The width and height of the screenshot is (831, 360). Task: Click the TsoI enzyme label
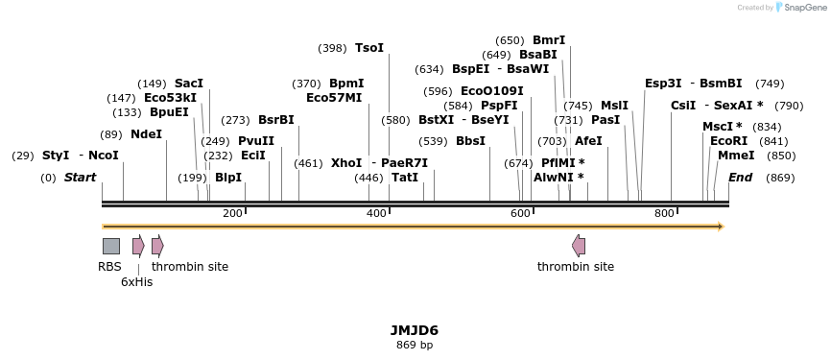coord(369,48)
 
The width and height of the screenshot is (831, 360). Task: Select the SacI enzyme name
coord(189,84)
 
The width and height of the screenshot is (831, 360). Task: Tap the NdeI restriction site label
coord(146,134)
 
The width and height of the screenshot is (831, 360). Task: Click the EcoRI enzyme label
coord(728,141)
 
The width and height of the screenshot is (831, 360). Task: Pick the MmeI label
coord(736,156)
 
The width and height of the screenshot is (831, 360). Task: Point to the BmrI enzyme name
coord(549,40)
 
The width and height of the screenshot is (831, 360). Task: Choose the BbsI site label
coord(470,141)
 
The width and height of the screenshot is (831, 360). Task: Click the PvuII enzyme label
coord(256,141)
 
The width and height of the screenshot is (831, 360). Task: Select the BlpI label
coord(228,178)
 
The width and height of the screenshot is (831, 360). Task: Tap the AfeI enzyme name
coord(588,141)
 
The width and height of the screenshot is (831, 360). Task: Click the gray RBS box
coord(111,246)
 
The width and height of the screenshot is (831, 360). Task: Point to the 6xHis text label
coord(136,282)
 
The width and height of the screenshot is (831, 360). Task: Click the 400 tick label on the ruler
coord(376,213)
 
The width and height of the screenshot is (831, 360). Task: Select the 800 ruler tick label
coord(664,213)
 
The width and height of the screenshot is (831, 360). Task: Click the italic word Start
coord(80,178)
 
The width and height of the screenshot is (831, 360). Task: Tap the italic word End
coord(740,178)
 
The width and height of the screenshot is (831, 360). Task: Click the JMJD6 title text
coord(415,330)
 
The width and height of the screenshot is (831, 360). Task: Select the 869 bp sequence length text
coord(415,345)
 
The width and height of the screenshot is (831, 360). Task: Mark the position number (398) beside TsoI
coord(332,48)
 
